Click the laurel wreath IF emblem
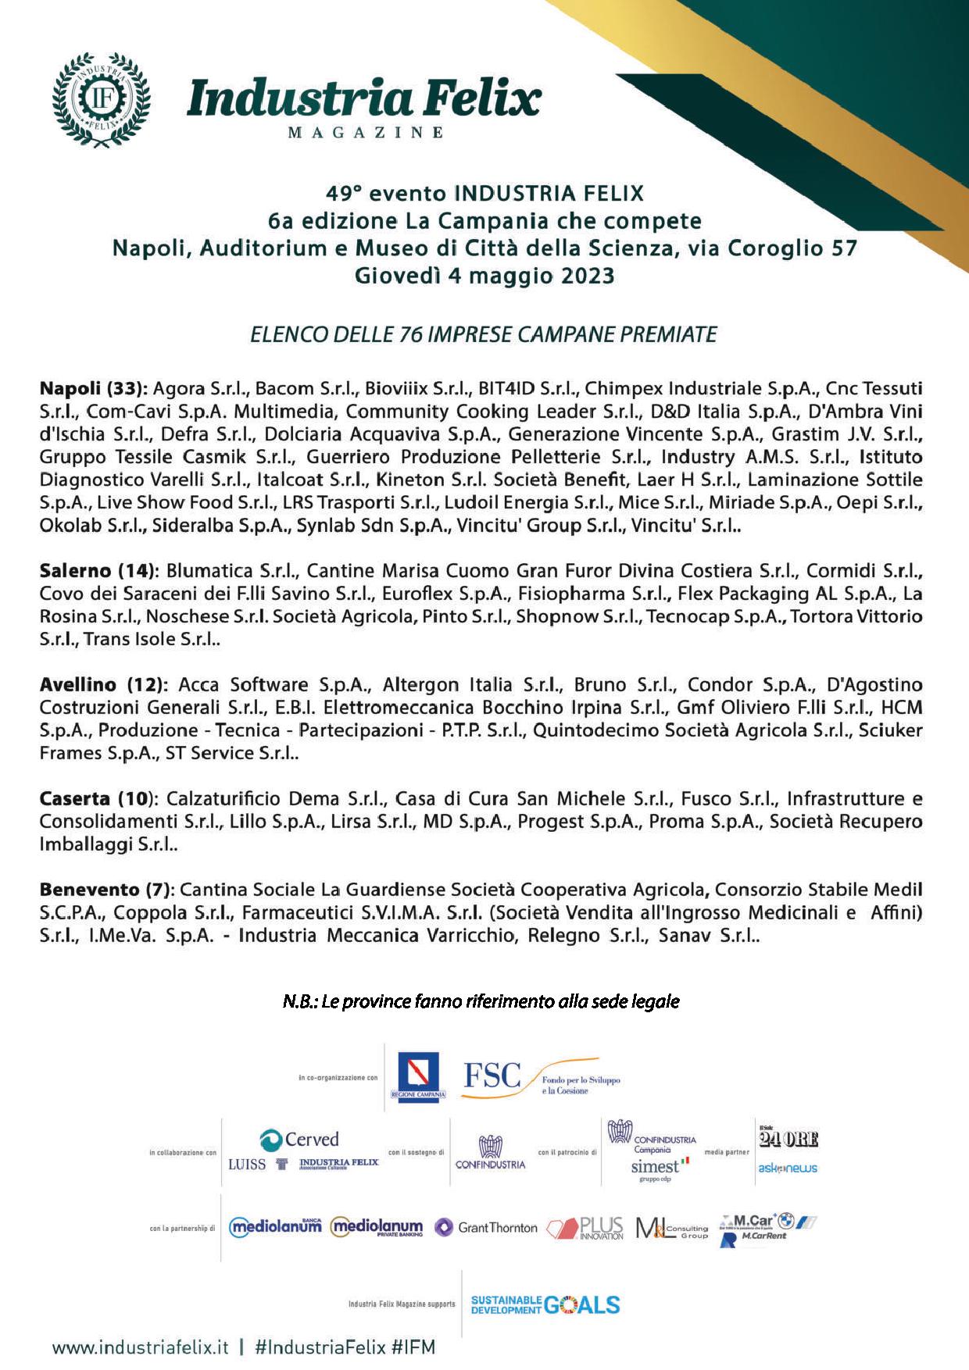[x=101, y=100]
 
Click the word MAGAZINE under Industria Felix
[x=366, y=133]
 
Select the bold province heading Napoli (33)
[x=93, y=389]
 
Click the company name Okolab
[x=70, y=526]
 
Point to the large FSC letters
[x=492, y=1076]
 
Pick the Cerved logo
[x=299, y=1140]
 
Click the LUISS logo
[x=247, y=1165]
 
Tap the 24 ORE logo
[x=788, y=1139]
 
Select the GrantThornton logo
[x=487, y=1228]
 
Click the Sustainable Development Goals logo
[x=545, y=1304]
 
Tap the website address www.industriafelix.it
[x=141, y=1347]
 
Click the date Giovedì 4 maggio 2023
[x=484, y=276]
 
